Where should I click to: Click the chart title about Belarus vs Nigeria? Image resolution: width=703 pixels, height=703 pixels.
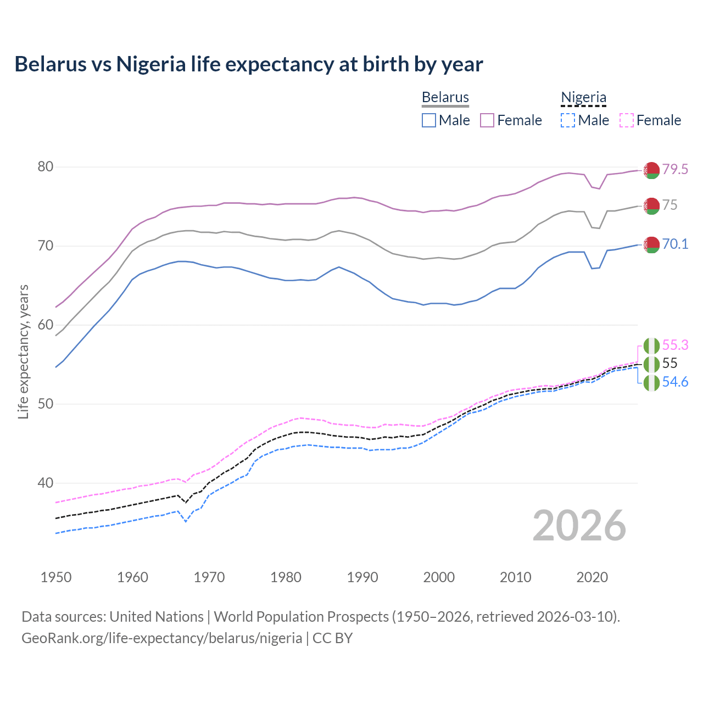click(x=248, y=64)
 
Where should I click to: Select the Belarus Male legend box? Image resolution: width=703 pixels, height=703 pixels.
click(x=429, y=120)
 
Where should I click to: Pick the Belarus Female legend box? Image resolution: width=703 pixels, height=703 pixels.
click(x=487, y=120)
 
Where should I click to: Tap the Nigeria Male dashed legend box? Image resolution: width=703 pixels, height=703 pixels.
click(x=568, y=120)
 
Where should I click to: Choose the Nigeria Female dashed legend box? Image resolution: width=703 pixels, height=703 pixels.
click(x=627, y=120)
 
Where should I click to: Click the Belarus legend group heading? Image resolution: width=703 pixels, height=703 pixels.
click(x=445, y=97)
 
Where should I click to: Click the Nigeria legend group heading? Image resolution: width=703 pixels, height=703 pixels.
click(x=583, y=97)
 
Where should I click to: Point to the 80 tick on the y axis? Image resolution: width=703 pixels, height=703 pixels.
click(x=45, y=166)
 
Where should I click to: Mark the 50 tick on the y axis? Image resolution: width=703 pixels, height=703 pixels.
click(x=45, y=404)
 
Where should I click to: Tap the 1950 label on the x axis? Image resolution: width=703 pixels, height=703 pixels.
click(x=56, y=577)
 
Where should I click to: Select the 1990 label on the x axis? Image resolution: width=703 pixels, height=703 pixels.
click(x=362, y=577)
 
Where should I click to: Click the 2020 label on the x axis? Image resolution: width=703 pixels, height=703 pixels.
click(x=592, y=577)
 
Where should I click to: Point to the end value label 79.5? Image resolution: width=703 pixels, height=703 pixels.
click(x=675, y=169)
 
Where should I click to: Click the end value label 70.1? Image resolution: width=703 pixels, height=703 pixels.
click(x=675, y=244)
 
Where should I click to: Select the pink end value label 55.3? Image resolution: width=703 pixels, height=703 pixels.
click(x=675, y=345)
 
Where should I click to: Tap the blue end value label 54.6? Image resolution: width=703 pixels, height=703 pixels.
click(x=675, y=382)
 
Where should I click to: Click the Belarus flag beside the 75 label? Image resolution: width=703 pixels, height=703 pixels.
click(x=651, y=206)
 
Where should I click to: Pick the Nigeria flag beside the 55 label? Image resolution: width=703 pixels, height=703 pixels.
click(x=651, y=364)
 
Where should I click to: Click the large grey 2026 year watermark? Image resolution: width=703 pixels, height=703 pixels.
click(x=579, y=526)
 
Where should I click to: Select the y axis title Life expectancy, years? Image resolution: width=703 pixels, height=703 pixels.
click(x=23, y=351)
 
